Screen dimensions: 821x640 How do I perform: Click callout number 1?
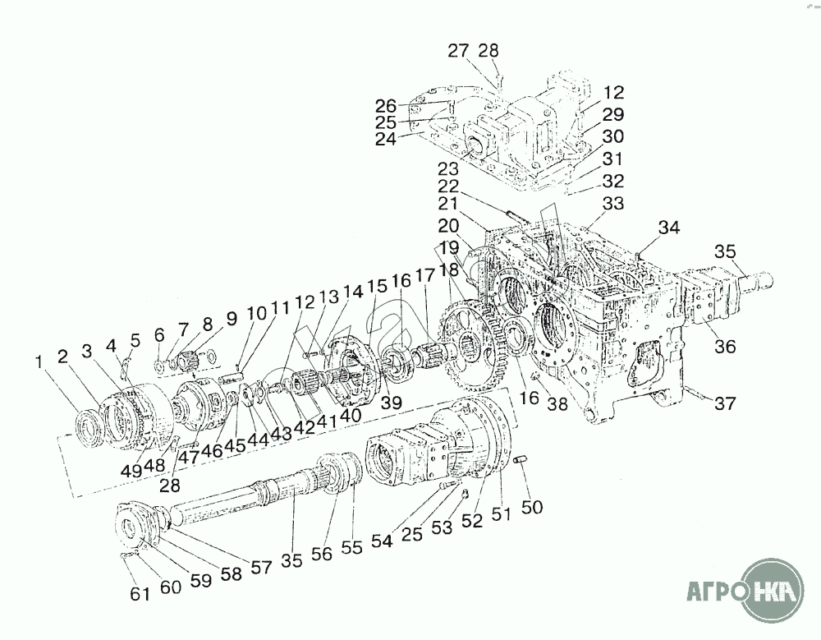pos(39,361)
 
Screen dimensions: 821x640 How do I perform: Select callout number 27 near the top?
pos(458,51)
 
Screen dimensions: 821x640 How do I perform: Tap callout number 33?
pos(613,203)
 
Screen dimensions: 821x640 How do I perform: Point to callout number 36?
pos(725,347)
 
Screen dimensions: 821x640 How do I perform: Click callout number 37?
pos(725,403)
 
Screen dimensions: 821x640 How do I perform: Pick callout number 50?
pos(532,507)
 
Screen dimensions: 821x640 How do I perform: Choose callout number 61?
pos(140,594)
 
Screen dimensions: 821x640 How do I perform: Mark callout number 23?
pos(448,168)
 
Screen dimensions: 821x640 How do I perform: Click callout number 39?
pos(391,402)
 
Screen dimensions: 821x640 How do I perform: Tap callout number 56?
pos(322,554)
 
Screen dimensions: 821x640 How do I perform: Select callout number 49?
pos(133,470)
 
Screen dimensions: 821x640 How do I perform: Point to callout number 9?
pos(232,318)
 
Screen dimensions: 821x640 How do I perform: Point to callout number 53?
pos(442,527)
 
